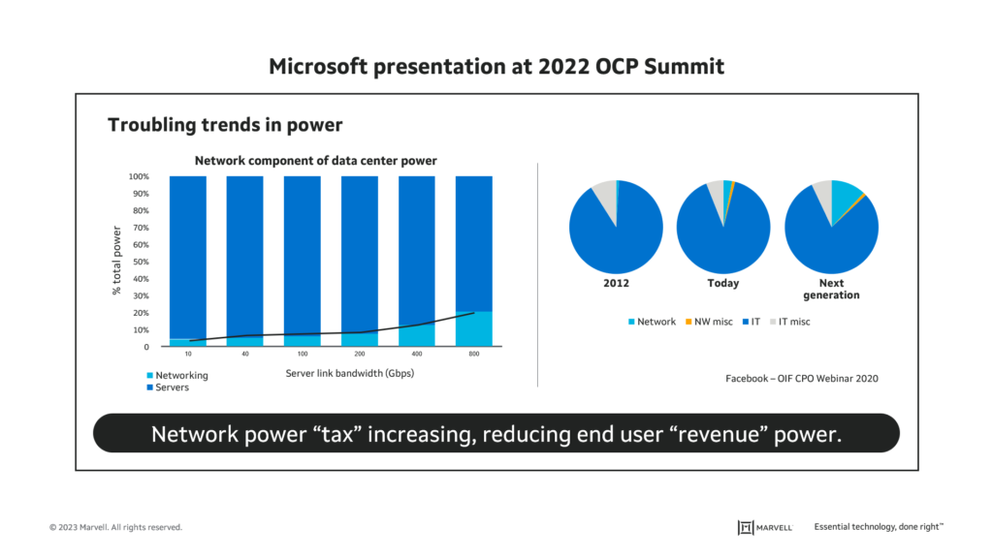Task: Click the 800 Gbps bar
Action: [473, 260]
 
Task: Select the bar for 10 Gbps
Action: [187, 260]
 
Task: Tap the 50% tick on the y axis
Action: [141, 262]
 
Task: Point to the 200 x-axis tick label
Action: [359, 355]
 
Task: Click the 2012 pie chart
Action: [616, 227]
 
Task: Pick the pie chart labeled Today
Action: [723, 227]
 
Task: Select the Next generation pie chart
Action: [831, 228]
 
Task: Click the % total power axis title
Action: [116, 261]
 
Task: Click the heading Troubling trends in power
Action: [224, 125]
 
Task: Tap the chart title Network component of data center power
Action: [316, 161]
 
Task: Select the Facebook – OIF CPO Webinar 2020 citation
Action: [802, 379]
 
